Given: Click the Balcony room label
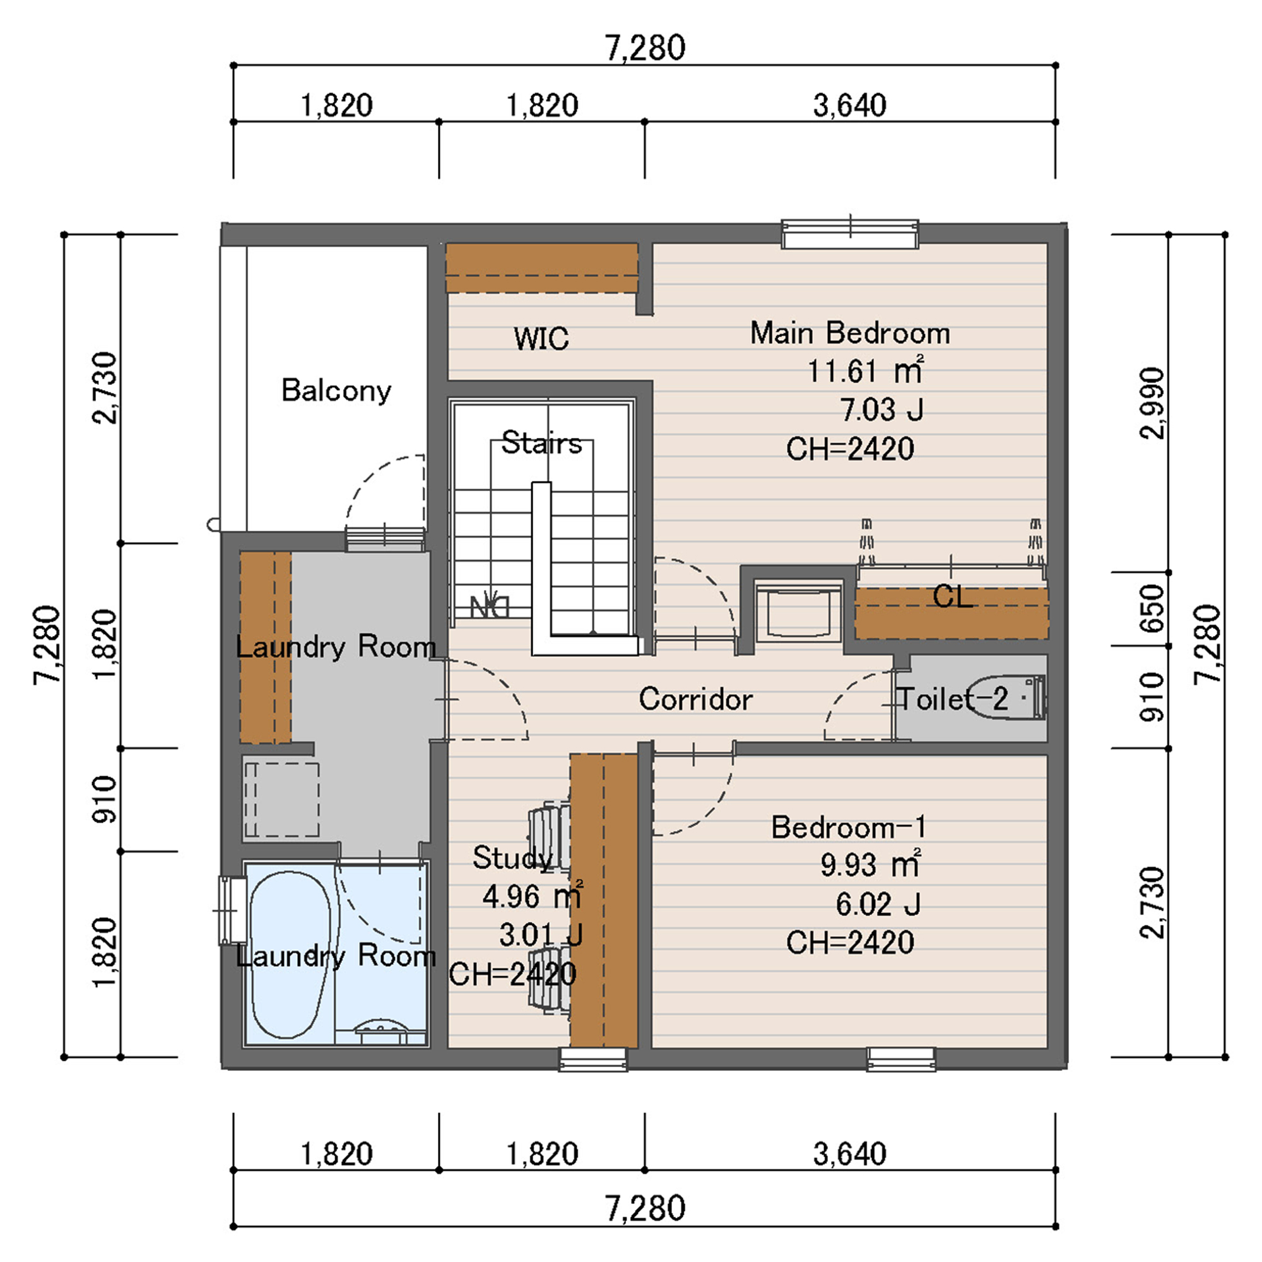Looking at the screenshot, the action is pyautogui.click(x=336, y=391).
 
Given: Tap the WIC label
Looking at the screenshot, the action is pyautogui.click(x=541, y=338).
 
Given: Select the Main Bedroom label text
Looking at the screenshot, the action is pyautogui.click(x=850, y=333).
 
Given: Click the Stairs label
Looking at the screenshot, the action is pyautogui.click(x=541, y=443).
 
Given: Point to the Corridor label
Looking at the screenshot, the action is pyautogui.click(x=695, y=699).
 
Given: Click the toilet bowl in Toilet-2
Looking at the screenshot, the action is pyautogui.click(x=1006, y=698).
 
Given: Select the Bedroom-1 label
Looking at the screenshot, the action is pyautogui.click(x=849, y=827).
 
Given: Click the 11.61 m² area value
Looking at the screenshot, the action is pyautogui.click(x=866, y=371).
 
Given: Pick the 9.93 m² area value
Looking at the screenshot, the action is pyautogui.click(x=870, y=865).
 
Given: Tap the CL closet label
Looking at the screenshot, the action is pyautogui.click(x=952, y=596).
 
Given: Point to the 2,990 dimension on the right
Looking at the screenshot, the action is pyautogui.click(x=1151, y=403).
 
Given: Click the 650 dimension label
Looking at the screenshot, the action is pyautogui.click(x=1151, y=608).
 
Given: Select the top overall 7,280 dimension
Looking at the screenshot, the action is pyautogui.click(x=645, y=49).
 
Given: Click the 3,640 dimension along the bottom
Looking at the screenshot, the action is pyautogui.click(x=850, y=1154).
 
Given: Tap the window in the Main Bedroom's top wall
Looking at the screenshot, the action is pyautogui.click(x=850, y=234).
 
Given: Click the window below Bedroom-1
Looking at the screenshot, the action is pyautogui.click(x=901, y=1059).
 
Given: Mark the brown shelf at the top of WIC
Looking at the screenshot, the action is pyautogui.click(x=541, y=268).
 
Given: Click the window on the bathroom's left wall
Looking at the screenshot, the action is pyautogui.click(x=231, y=911).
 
